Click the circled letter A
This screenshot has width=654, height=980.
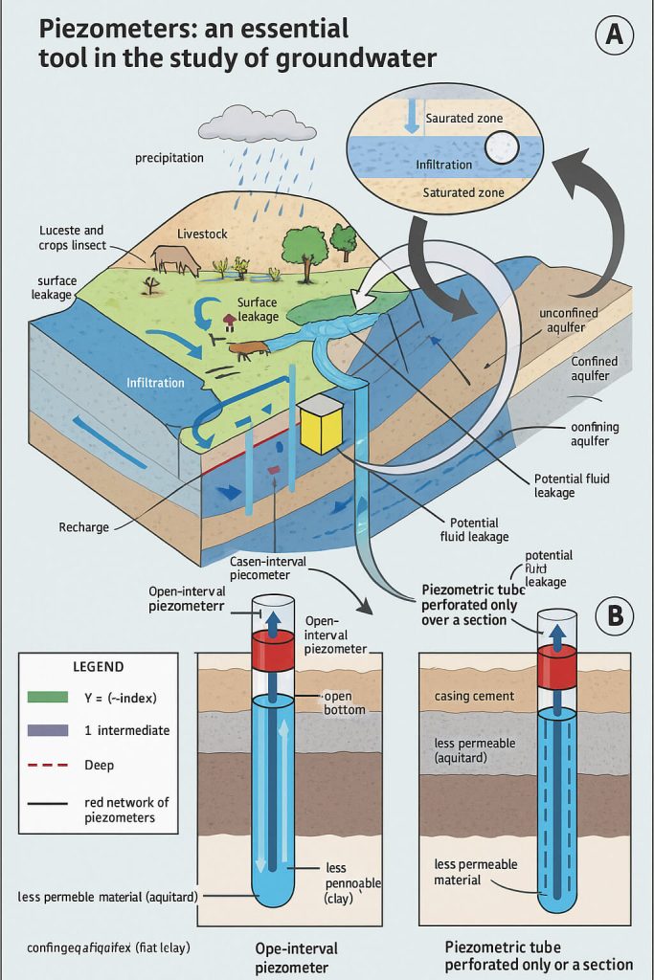[615, 35]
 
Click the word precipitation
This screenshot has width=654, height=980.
[169, 158]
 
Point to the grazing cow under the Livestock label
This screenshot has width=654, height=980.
[175, 259]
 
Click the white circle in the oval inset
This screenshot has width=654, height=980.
[501, 146]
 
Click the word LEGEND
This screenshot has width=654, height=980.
[99, 666]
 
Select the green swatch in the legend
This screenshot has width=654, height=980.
[42, 696]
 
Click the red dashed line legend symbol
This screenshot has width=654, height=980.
[42, 765]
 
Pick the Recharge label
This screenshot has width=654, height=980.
[84, 527]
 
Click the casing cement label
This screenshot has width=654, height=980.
[474, 696]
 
